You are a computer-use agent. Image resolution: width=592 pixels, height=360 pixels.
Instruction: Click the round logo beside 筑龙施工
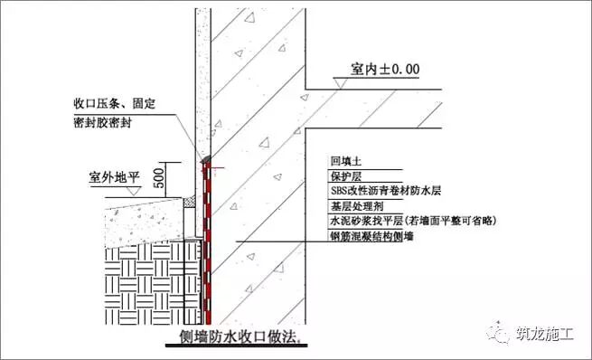(x=501, y=332)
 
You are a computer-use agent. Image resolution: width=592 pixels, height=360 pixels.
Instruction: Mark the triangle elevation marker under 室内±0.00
(x=343, y=82)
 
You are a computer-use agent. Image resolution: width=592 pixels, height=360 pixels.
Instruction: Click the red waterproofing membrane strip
(x=206, y=244)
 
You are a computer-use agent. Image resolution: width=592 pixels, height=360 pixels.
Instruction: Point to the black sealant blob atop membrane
(x=206, y=161)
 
